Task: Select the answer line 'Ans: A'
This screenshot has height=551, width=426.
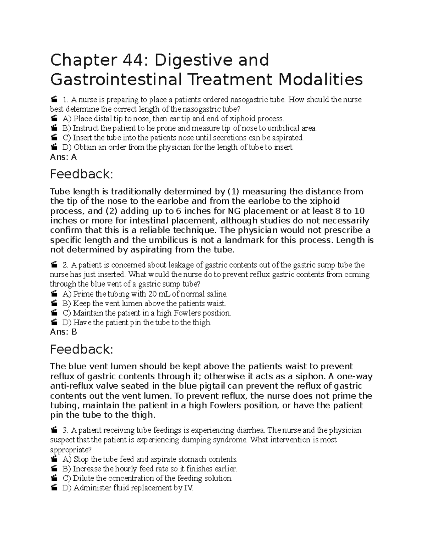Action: coord(64,157)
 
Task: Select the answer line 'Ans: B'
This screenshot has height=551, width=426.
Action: coord(64,332)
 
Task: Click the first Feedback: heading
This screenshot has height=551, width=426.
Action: coord(82,174)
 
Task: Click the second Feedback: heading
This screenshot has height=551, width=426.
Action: coord(82,349)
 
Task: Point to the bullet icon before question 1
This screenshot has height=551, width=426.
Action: coord(54,100)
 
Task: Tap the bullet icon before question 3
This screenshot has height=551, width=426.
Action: coord(54,431)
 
